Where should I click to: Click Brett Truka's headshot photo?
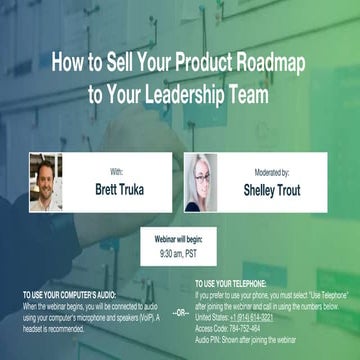[46, 181]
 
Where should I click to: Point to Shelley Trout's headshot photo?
[199, 181]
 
